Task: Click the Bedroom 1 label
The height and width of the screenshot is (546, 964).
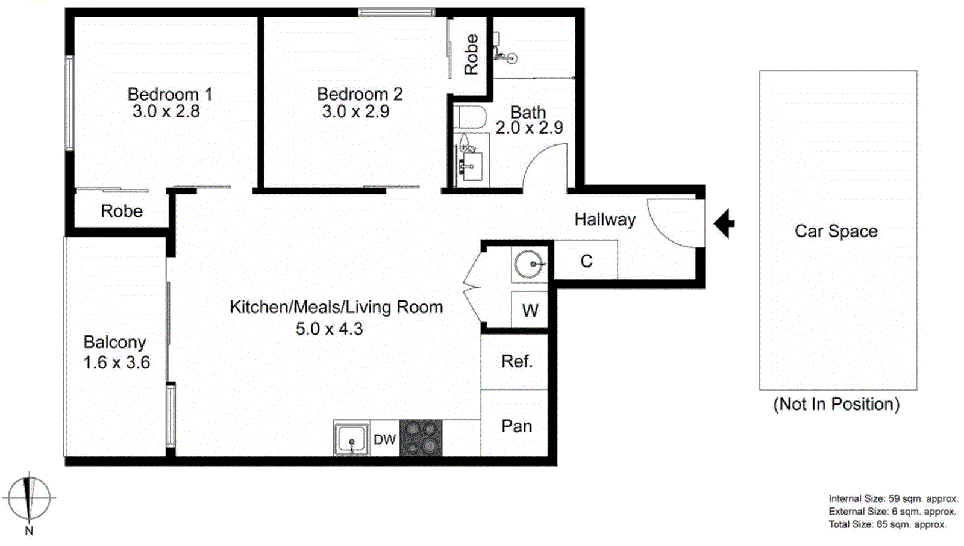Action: click(169, 95)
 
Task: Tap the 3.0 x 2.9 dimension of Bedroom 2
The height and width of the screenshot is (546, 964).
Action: click(355, 112)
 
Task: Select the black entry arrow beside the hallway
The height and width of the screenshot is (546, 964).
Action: click(724, 223)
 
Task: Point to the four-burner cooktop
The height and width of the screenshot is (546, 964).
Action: click(421, 438)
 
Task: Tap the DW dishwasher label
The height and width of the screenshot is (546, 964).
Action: click(384, 440)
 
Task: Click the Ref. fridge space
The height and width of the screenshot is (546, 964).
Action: click(516, 361)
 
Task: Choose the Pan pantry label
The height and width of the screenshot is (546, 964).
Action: click(516, 426)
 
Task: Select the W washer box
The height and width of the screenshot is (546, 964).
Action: click(530, 311)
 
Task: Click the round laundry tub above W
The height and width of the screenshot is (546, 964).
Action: click(529, 264)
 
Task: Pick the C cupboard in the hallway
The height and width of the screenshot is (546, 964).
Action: click(586, 261)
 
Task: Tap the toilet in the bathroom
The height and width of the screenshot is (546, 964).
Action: click(471, 117)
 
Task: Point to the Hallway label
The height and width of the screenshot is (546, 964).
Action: click(605, 219)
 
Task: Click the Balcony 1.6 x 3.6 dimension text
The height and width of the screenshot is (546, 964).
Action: click(116, 362)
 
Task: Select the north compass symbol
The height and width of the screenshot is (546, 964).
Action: click(28, 499)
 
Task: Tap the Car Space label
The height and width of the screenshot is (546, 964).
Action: click(836, 231)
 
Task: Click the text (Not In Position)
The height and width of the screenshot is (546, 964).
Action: click(836, 404)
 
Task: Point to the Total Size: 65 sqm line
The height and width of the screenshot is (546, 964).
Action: click(887, 524)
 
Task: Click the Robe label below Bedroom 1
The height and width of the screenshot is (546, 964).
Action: click(122, 211)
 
